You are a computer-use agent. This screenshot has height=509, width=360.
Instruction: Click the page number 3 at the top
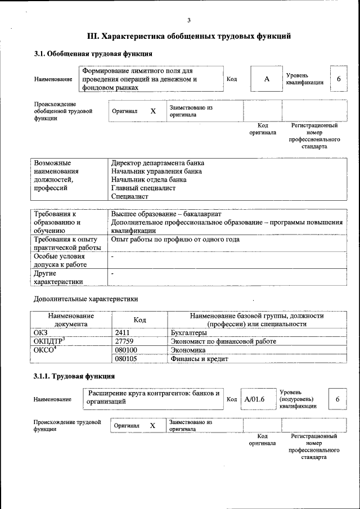pyautogui.click(x=189, y=20)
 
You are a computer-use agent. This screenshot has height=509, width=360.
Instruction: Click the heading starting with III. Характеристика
pyautogui.click(x=189, y=37)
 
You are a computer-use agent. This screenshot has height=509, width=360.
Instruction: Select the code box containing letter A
pyautogui.click(x=267, y=79)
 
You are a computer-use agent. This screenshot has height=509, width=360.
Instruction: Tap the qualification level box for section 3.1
pyautogui.click(x=338, y=79)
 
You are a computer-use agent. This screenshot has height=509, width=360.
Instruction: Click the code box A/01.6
pyautogui.click(x=255, y=399)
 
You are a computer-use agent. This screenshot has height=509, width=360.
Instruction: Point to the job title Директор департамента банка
pyautogui.click(x=157, y=163)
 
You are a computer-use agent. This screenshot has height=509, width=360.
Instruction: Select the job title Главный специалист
pyautogui.click(x=143, y=188)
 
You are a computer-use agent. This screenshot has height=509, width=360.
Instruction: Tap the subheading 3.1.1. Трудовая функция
pyautogui.click(x=74, y=376)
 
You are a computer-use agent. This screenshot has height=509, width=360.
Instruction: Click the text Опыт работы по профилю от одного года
pyautogui.click(x=175, y=240)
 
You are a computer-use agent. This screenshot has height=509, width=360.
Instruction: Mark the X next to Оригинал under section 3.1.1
pyautogui.click(x=152, y=426)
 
